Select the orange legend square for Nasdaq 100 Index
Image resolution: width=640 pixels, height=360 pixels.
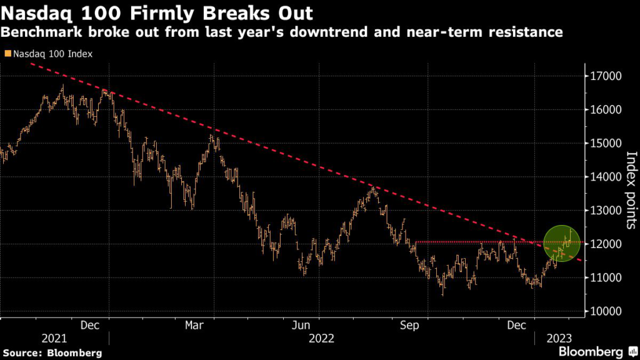(6, 54)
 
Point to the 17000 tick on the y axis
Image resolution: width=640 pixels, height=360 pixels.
(606, 76)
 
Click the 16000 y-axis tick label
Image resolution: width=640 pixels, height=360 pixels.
(606, 110)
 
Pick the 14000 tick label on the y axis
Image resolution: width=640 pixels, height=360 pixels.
(606, 177)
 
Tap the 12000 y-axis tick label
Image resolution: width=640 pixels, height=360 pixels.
(606, 244)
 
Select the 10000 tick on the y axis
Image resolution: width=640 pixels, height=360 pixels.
(606, 311)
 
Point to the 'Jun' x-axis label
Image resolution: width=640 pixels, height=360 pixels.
(302, 325)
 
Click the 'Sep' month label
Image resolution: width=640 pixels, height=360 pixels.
(409, 325)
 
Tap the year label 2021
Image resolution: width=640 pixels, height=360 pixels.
(54, 338)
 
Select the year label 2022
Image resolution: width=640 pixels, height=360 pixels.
(321, 338)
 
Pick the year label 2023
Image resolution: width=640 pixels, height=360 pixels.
(559, 338)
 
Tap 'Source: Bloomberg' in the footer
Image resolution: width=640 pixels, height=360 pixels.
(51, 352)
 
